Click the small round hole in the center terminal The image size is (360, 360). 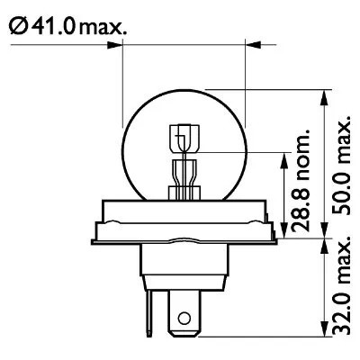coord(184,318)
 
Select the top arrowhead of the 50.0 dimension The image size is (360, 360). coord(322,93)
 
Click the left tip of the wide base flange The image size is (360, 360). coord(90,238)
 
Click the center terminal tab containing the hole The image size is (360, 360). coord(184,310)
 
